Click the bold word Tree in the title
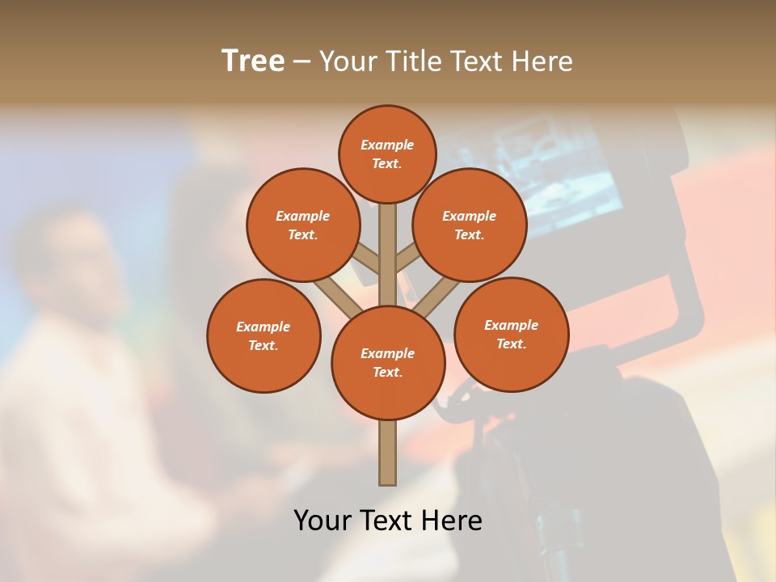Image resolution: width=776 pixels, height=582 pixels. [253, 61]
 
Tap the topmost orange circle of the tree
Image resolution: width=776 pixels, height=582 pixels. [387, 154]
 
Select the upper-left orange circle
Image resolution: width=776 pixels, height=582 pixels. [302, 225]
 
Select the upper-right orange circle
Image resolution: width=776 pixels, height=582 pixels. [470, 225]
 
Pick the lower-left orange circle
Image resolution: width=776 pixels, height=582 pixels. [264, 335]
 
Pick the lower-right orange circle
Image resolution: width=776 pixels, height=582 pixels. [511, 334]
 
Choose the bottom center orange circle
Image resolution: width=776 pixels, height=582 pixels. [388, 362]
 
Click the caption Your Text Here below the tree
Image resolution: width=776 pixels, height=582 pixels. [388, 520]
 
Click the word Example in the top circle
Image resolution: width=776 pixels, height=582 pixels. [387, 145]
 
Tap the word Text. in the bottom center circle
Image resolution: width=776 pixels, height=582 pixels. [387, 372]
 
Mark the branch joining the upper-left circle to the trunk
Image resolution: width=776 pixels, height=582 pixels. [365, 260]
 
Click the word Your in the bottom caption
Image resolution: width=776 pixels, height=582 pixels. [323, 520]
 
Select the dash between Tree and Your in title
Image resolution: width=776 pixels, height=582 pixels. [302, 61]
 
